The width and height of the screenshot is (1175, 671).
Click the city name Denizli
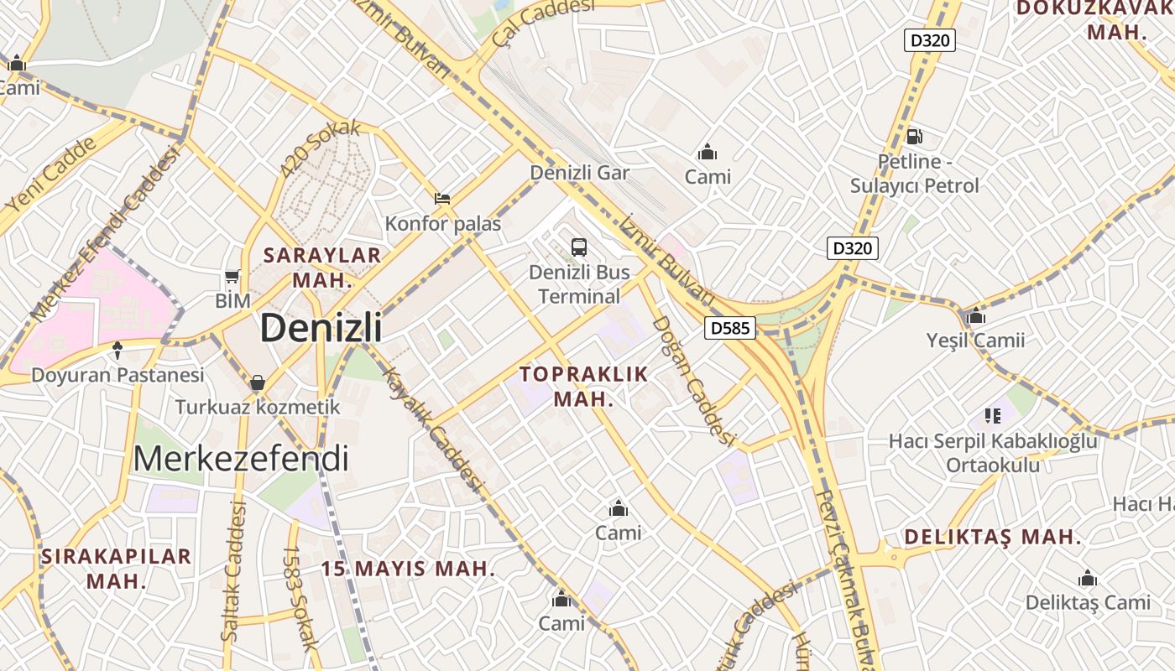321,327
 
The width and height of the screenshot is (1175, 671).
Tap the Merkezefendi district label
240,459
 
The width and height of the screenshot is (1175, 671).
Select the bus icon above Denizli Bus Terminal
579,247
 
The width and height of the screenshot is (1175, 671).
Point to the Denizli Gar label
579,173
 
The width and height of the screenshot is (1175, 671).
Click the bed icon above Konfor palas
442,199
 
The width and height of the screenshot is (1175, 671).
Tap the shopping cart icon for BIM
232,276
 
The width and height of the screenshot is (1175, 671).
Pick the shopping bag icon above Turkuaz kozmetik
257,382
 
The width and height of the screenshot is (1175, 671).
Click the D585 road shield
729,328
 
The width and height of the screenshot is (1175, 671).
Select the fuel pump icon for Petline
914,136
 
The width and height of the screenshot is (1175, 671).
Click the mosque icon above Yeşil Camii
975,316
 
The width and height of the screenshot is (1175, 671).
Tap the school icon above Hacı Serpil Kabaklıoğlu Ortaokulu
993,415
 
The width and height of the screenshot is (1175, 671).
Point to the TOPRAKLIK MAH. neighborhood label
584,386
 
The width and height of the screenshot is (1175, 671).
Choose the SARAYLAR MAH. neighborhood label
322,268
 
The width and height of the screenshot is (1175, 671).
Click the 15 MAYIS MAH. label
408,569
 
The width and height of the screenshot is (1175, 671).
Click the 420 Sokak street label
320,148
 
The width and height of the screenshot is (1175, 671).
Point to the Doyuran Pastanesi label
117,375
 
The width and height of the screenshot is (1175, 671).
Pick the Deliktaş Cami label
1088,602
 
